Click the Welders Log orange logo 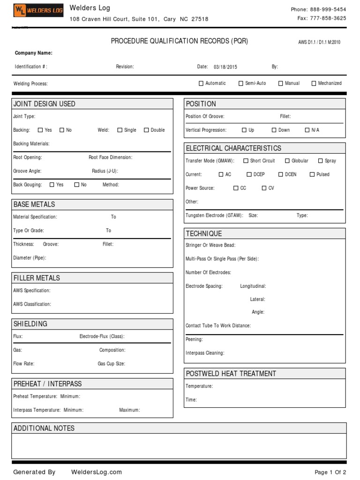click(38, 10)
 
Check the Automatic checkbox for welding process click(201, 83)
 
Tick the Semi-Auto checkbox click(241, 83)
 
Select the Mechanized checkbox click(314, 83)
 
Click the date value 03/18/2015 click(225, 67)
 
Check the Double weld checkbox click(146, 130)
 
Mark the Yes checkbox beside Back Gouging click(52, 185)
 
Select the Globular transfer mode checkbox click(287, 161)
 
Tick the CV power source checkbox click(264, 188)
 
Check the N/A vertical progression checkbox click(307, 130)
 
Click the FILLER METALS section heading click(37, 278)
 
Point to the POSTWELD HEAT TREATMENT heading click(231, 374)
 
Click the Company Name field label click(34, 53)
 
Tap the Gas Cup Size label click(111, 364)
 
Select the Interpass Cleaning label click(205, 353)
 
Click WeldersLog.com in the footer click(97, 472)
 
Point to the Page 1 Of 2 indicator click(330, 472)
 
